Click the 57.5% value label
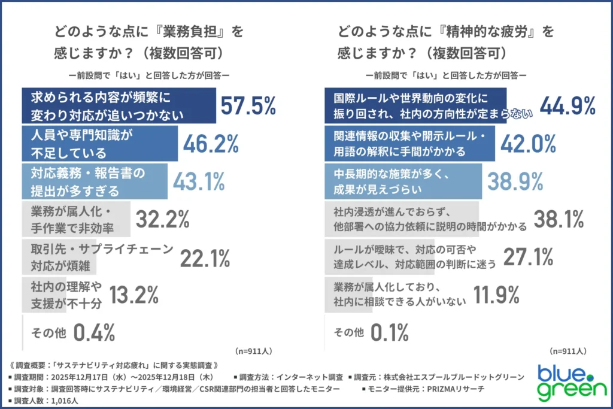248,105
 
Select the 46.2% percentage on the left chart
211,143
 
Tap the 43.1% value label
198,181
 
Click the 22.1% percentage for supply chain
205,257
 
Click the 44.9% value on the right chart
568,105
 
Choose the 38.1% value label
558,219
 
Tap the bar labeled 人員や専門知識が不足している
100,143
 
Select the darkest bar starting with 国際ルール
415,105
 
